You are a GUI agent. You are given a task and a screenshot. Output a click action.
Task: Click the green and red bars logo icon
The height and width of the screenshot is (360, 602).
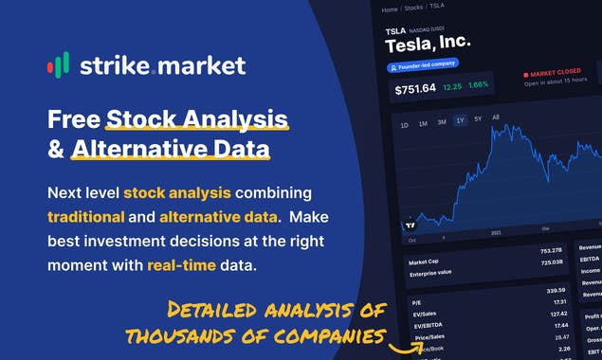(58, 65)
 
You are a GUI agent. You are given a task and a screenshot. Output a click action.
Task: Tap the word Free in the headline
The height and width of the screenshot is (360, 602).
(73, 120)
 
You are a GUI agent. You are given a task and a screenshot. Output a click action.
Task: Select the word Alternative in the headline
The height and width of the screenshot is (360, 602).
(135, 150)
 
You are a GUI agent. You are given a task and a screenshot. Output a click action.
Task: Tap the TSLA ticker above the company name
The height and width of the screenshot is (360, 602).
(395, 31)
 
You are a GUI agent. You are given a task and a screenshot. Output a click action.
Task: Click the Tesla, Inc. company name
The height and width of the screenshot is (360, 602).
(428, 45)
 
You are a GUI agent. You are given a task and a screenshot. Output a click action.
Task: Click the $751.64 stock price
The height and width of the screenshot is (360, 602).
(415, 89)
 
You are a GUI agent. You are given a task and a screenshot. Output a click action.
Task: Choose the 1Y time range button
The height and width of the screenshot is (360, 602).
(460, 120)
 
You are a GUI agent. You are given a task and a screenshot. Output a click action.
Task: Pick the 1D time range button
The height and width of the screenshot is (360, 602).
(405, 125)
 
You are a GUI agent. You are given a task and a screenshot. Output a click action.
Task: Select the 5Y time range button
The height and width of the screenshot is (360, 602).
(478, 119)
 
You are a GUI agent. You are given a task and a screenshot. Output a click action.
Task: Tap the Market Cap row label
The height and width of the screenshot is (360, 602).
(425, 262)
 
